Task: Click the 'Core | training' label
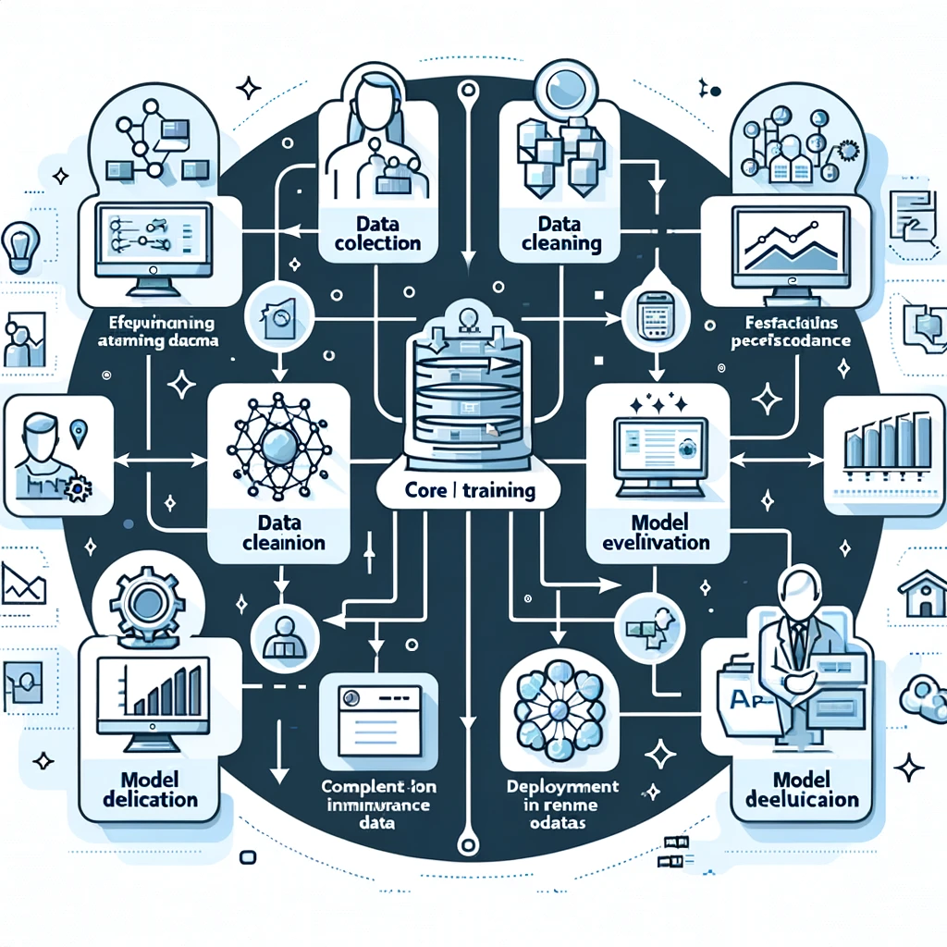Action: coord(471,489)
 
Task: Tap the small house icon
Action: coord(922,596)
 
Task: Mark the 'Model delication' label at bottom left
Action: coord(152,789)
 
